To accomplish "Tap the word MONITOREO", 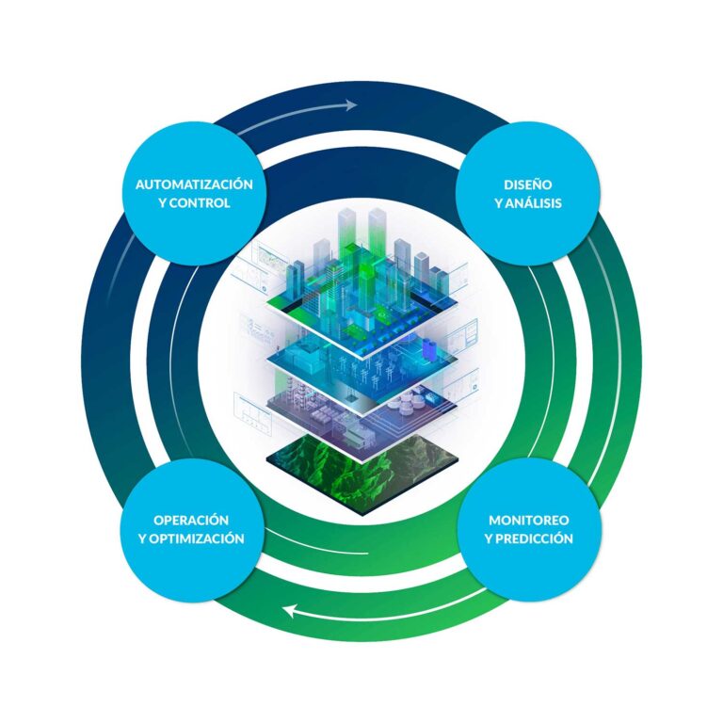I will [x=529, y=520].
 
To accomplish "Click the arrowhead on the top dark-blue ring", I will [x=349, y=104].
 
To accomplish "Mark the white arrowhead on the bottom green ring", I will [x=291, y=612].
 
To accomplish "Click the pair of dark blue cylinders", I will [x=429, y=347].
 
